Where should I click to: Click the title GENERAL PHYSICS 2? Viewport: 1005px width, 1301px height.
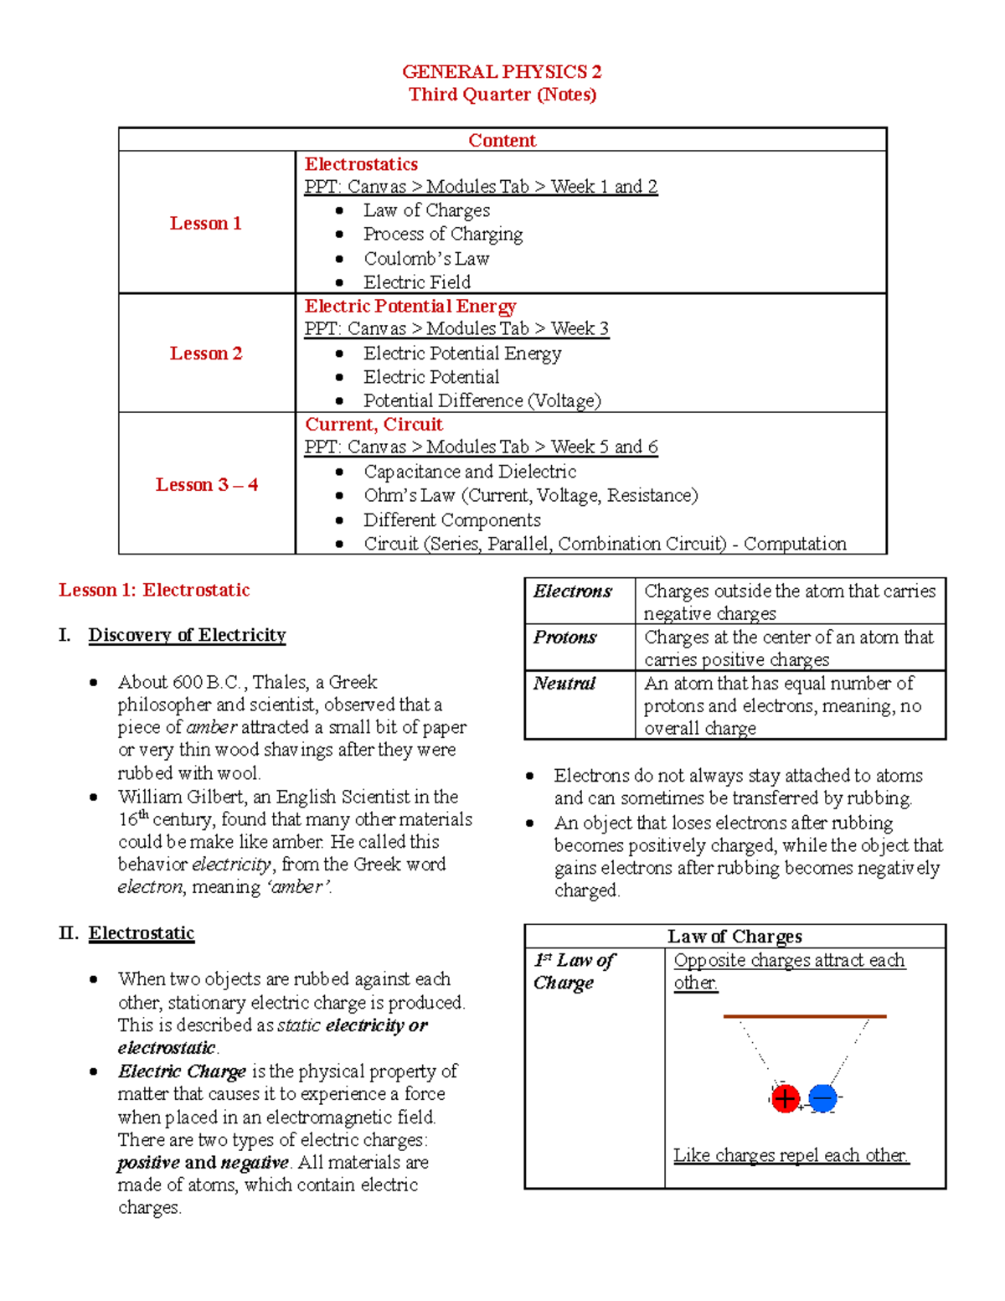point(502,72)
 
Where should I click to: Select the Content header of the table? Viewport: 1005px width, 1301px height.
point(502,140)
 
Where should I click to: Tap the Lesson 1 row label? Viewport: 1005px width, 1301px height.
point(206,223)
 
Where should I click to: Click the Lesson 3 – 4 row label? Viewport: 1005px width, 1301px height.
point(206,484)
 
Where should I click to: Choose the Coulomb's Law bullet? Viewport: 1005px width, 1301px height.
point(425,259)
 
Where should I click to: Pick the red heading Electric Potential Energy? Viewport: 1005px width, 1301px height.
point(410,306)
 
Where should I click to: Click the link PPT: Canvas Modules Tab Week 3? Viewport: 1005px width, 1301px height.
point(456,328)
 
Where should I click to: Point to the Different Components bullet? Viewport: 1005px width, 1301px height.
point(451,520)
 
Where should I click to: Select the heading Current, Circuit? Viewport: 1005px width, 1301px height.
point(374,424)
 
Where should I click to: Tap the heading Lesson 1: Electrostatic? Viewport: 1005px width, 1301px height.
point(154,590)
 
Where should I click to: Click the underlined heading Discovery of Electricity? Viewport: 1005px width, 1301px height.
point(187,635)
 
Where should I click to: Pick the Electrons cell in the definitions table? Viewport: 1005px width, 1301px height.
point(573,591)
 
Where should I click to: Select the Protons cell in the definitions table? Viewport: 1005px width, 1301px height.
point(565,638)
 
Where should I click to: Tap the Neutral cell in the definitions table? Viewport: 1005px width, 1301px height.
point(564,684)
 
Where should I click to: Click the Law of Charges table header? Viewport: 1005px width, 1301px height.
point(734,936)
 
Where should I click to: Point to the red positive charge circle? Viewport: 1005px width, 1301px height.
point(785,1098)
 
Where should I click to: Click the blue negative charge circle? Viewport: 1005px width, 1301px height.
point(823,1098)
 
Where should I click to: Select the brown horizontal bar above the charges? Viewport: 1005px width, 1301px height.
point(804,1016)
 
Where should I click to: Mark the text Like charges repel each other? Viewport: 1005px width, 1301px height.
point(791,1155)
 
